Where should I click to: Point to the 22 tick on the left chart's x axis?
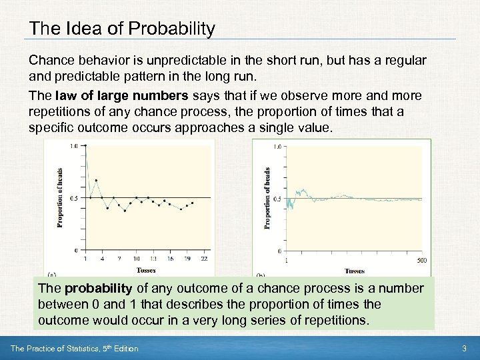[x=204, y=259]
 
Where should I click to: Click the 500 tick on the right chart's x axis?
[x=421, y=259]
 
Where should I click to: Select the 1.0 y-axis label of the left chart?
[x=73, y=146]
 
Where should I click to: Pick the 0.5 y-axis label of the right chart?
[x=278, y=199]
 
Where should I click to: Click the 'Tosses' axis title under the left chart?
[x=146, y=270]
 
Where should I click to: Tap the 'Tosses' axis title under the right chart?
[x=355, y=271]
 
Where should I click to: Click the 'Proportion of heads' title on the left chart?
[x=59, y=198]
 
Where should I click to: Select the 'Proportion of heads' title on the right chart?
[x=267, y=199]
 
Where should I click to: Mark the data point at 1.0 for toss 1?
[x=85, y=146]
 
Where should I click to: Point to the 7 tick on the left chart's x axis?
[x=119, y=259]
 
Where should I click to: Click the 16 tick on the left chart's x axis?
[x=171, y=259]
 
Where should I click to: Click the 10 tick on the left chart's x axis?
[x=136, y=259]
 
